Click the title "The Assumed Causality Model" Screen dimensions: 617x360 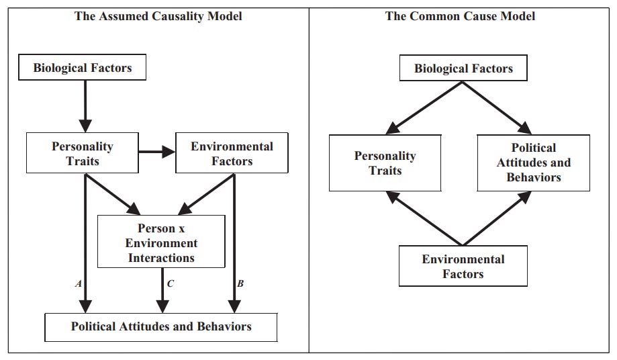tap(158, 16)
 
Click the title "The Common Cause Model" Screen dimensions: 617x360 tap(460, 16)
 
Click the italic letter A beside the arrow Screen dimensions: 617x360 tap(79, 283)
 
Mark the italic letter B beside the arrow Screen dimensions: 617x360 tap(240, 283)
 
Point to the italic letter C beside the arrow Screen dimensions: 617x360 tap(170, 283)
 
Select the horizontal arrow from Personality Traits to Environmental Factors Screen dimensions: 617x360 tap(157, 152)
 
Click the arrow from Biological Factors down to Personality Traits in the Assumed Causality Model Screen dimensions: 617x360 tap(85, 106)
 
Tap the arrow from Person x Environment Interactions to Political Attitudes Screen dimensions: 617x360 tap(162, 290)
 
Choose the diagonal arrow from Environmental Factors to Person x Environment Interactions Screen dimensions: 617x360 tap(207, 194)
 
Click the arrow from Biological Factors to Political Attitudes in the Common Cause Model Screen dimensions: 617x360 tap(497, 108)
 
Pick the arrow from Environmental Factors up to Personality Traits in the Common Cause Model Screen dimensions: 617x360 tap(424, 218)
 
